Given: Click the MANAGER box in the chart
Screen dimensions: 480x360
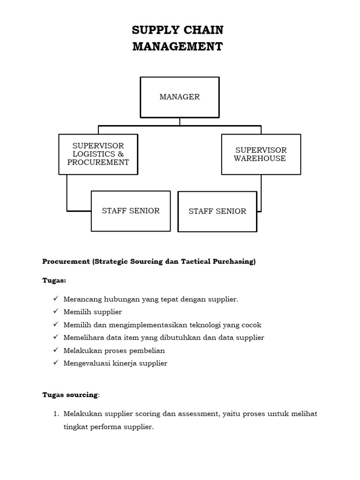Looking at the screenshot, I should (x=180, y=97).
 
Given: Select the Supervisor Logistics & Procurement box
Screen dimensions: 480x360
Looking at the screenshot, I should (x=98, y=154).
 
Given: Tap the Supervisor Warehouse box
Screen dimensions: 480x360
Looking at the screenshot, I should (x=261, y=154).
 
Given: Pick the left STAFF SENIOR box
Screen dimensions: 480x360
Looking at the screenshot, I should (x=131, y=211).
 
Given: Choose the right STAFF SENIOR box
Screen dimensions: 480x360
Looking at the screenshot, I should (x=217, y=211).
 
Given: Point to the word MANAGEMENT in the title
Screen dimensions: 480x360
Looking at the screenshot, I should (x=178, y=47).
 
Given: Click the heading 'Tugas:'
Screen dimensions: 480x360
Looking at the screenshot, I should (x=54, y=280).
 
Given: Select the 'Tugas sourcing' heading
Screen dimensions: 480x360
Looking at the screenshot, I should (x=70, y=395).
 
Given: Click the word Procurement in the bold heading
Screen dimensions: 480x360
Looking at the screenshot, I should (x=66, y=262).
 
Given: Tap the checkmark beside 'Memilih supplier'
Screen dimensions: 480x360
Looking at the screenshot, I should (x=55, y=312).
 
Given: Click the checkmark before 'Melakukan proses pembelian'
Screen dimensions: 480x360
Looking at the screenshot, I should (x=55, y=350).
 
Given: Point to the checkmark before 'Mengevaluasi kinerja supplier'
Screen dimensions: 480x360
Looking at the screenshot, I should (x=55, y=363).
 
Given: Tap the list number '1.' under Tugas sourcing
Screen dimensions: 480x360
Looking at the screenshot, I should (x=55, y=414).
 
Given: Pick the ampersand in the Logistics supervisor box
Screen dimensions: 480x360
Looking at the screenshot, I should (x=121, y=154).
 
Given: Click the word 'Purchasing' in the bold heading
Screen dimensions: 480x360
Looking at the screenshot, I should (x=234, y=262).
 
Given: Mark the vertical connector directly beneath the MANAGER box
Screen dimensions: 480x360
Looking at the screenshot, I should (x=180, y=121).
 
